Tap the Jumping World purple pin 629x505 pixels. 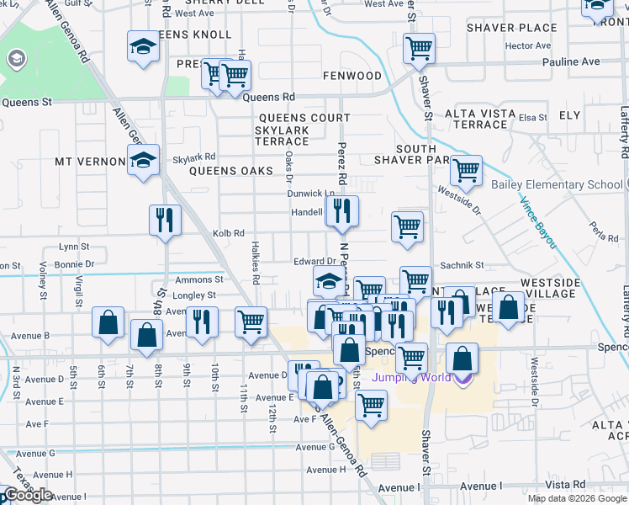click(x=462, y=377)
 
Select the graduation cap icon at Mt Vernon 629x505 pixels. click(x=144, y=159)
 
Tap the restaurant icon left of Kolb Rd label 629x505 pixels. click(x=166, y=221)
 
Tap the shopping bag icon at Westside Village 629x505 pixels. click(x=509, y=307)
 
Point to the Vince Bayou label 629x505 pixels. click(x=537, y=221)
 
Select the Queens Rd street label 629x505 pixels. click(x=269, y=98)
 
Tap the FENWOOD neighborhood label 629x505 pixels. click(x=352, y=76)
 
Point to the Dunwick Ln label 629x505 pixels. click(x=311, y=194)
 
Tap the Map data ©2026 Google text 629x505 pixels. click(x=577, y=498)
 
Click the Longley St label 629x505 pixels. click(x=194, y=295)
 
